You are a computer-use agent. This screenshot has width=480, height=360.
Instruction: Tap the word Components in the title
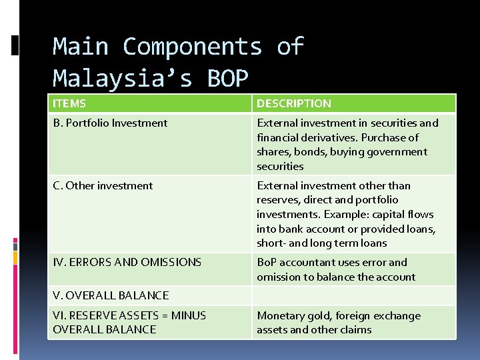[193, 47]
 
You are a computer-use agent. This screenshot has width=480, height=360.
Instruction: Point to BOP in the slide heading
[227, 79]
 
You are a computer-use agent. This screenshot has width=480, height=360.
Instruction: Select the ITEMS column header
[69, 103]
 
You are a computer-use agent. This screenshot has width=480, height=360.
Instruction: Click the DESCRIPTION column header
[294, 103]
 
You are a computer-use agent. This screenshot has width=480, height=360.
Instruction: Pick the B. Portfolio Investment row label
[110, 123]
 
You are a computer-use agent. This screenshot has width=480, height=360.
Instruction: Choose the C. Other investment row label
[103, 185]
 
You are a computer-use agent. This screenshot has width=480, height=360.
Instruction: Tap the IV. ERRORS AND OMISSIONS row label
[127, 262]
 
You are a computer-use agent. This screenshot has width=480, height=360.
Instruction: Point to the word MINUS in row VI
[189, 315]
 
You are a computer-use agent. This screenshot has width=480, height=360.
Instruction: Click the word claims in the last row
[356, 329]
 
